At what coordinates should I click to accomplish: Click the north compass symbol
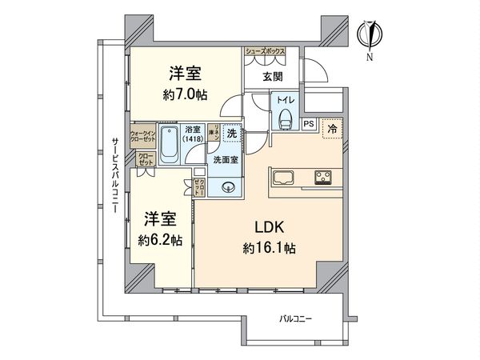[371, 33]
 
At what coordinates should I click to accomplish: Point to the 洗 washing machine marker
[231, 135]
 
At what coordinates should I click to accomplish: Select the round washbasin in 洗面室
[230, 189]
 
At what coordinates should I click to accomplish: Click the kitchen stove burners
[325, 176]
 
